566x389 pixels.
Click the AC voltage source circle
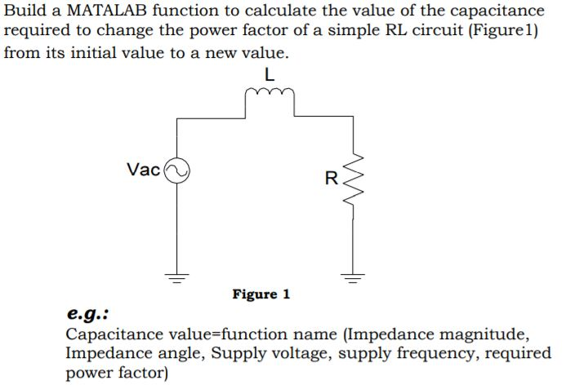click(x=177, y=170)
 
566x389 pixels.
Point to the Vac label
click(x=144, y=170)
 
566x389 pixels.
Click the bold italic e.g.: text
click(x=88, y=315)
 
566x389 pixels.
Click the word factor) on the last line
click(x=143, y=374)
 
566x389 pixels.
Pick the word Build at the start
click(x=25, y=11)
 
